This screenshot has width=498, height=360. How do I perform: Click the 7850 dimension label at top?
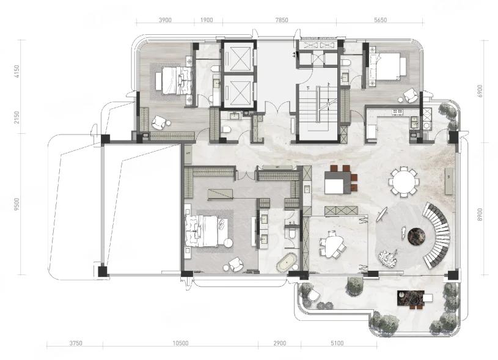[x=282, y=20]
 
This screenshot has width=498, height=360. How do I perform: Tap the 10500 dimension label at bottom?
[x=180, y=343]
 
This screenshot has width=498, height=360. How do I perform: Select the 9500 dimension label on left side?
[x=16, y=204]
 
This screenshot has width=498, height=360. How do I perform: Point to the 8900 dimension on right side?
[x=480, y=215]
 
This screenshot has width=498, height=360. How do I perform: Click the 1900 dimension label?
[x=207, y=20]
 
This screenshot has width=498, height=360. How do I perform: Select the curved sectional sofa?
[x=438, y=234]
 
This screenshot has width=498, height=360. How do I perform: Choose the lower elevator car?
[x=238, y=91]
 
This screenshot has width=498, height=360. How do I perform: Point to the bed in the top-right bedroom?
[x=387, y=66]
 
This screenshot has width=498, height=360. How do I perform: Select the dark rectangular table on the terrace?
[x=411, y=298]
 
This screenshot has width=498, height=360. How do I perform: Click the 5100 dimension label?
[x=337, y=343]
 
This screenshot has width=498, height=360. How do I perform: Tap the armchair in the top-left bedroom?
[x=159, y=122]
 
